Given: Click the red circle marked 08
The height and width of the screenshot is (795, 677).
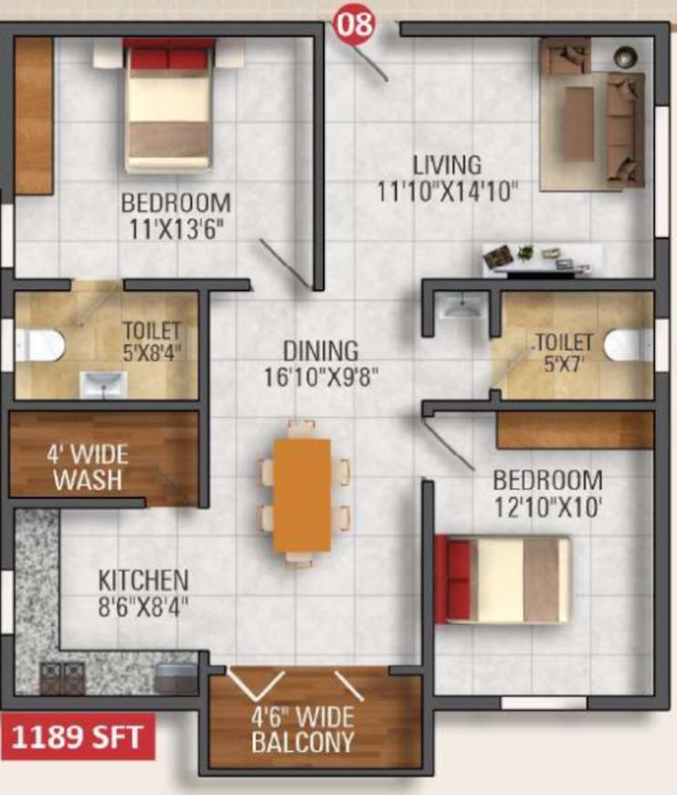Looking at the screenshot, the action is pos(354,24).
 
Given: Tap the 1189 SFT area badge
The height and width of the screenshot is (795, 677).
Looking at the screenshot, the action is pos(77,737).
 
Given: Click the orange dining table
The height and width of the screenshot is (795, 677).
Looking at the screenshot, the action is pos(302,495).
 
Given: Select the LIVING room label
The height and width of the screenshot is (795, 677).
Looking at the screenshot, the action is pos(447,165).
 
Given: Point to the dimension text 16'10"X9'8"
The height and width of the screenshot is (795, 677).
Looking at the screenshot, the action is pos(322,376).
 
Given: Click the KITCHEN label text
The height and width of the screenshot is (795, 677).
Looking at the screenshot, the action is pos(143,580).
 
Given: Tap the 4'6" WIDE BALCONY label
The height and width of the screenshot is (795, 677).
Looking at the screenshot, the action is pos(303,730).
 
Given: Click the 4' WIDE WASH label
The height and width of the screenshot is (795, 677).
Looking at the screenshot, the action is pos(88,468).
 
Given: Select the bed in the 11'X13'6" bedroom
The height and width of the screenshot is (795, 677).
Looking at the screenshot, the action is pos(168,105).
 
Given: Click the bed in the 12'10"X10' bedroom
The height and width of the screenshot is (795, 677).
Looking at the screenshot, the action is pos(502,579).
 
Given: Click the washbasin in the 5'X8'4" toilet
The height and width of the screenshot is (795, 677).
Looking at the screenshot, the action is pos(103,385).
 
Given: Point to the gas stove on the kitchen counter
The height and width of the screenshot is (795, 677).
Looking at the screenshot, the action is pos(62,678).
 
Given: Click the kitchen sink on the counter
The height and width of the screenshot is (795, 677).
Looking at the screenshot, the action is pos(175,679).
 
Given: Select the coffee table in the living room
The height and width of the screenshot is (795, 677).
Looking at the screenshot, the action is pos(578,117).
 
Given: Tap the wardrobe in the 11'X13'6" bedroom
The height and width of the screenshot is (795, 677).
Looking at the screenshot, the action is pos(34,116).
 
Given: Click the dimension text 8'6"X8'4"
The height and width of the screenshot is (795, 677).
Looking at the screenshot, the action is pos(143,607).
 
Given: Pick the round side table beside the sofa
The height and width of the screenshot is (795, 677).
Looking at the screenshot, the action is pos(625,57).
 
